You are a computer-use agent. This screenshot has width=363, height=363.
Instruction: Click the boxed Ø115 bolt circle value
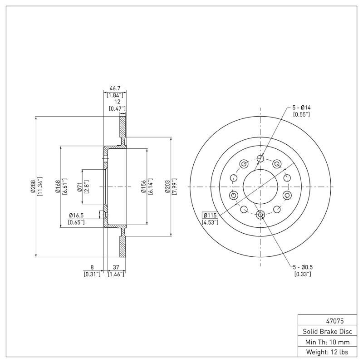pyautogui.click(x=211, y=215)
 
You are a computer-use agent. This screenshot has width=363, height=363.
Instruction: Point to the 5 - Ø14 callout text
pyautogui.click(x=301, y=108)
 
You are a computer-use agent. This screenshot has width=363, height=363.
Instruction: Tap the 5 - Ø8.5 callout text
pyautogui.click(x=302, y=268)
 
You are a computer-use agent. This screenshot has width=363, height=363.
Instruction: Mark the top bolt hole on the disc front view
pyautogui.click(x=260, y=158)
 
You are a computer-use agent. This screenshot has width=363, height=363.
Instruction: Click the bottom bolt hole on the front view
pyautogui.click(x=260, y=215)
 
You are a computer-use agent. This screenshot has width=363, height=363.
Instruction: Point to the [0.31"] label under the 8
pyautogui.click(x=92, y=274)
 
